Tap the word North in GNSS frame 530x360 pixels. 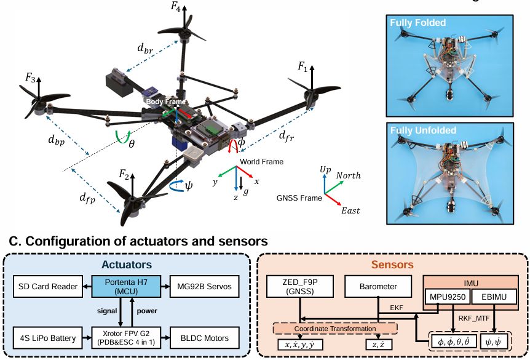click(x=348, y=175)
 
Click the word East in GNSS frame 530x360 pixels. click(x=350, y=210)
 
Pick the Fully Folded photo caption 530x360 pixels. click(x=418, y=23)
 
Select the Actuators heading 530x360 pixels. click(x=127, y=264)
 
